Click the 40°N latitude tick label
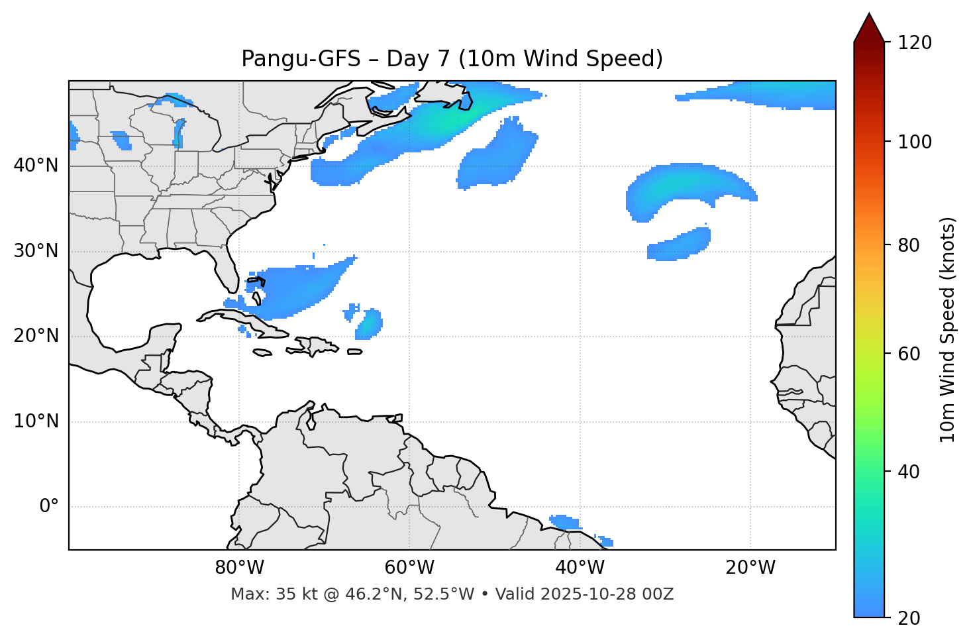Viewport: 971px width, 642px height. point(36,166)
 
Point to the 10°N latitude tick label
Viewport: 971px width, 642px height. point(36,421)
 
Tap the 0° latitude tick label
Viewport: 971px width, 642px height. point(48,507)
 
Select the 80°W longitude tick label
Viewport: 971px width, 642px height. point(239,568)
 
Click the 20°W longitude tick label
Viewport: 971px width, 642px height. point(750,568)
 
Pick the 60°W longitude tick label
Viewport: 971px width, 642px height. point(409,568)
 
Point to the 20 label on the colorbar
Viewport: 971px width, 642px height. point(909,618)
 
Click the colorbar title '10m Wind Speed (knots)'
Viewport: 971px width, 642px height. point(948,329)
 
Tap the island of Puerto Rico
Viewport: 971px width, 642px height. point(355,352)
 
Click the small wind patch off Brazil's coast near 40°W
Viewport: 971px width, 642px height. point(566,522)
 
